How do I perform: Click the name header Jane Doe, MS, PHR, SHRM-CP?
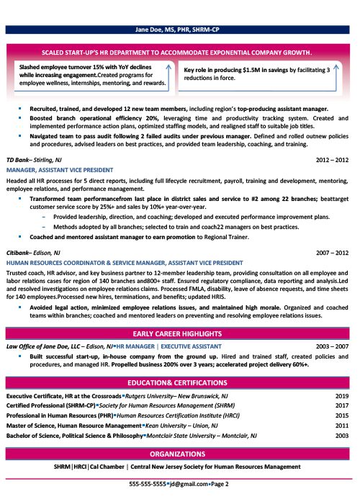(x=179, y=30)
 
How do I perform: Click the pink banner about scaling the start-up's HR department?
(x=179, y=53)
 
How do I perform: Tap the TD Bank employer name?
(x=21, y=158)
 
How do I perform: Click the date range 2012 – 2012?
(x=333, y=158)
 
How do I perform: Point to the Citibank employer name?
(x=21, y=253)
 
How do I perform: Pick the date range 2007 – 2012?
(x=333, y=253)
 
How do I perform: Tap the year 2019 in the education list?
(x=341, y=396)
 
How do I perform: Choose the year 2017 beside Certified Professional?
(x=341, y=406)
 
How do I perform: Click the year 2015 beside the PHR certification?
(x=341, y=416)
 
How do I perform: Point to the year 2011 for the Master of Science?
(x=341, y=426)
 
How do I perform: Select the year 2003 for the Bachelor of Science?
(x=341, y=436)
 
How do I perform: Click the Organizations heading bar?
(x=179, y=455)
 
